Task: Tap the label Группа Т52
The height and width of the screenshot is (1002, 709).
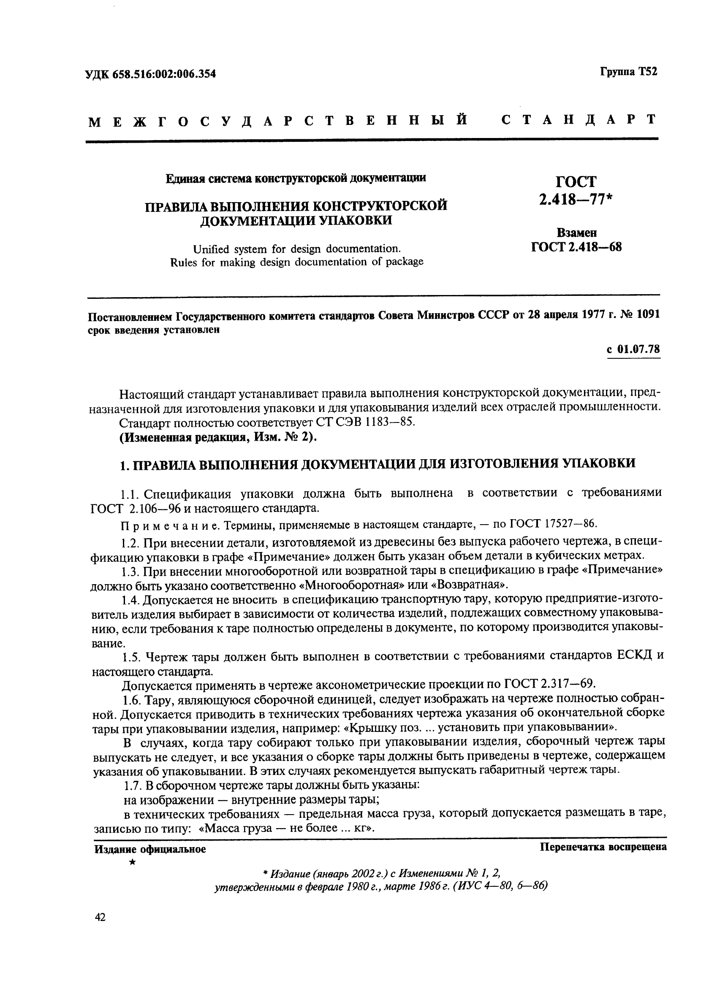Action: click(x=628, y=71)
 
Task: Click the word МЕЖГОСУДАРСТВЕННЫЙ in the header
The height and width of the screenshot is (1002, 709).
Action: click(x=277, y=119)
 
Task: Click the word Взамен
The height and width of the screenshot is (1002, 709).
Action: click(x=576, y=233)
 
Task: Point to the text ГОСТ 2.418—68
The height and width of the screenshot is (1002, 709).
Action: click(x=576, y=247)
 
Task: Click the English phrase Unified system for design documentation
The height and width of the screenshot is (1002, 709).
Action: click(x=297, y=249)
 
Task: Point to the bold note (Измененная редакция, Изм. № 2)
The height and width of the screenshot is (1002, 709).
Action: click(x=218, y=437)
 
